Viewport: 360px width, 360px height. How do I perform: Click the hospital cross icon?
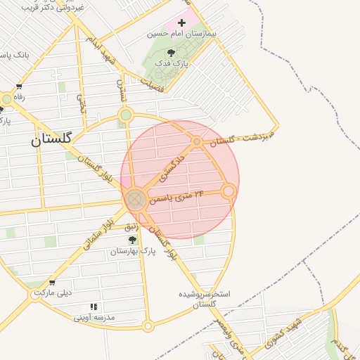pyautogui.click(x=183, y=22)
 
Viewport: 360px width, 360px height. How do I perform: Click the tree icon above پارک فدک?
pyautogui.click(x=171, y=53)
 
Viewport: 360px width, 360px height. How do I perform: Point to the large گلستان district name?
pyautogui.click(x=51, y=139)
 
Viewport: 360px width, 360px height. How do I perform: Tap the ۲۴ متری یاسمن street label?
pyautogui.click(x=179, y=194)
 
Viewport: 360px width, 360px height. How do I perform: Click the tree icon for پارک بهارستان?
pyautogui.click(x=132, y=240)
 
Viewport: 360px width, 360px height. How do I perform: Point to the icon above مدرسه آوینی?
pyautogui.click(x=94, y=307)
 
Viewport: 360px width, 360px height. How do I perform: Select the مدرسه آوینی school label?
pyautogui.click(x=94, y=317)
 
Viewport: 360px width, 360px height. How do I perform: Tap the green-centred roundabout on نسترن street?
pyautogui.click(x=126, y=115)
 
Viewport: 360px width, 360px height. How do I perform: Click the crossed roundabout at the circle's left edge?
pyautogui.click(x=136, y=199)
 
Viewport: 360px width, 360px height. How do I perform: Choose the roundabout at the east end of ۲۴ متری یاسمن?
pyautogui.click(x=229, y=191)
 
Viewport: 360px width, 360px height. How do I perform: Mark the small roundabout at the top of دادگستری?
pyautogui.click(x=197, y=142)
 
